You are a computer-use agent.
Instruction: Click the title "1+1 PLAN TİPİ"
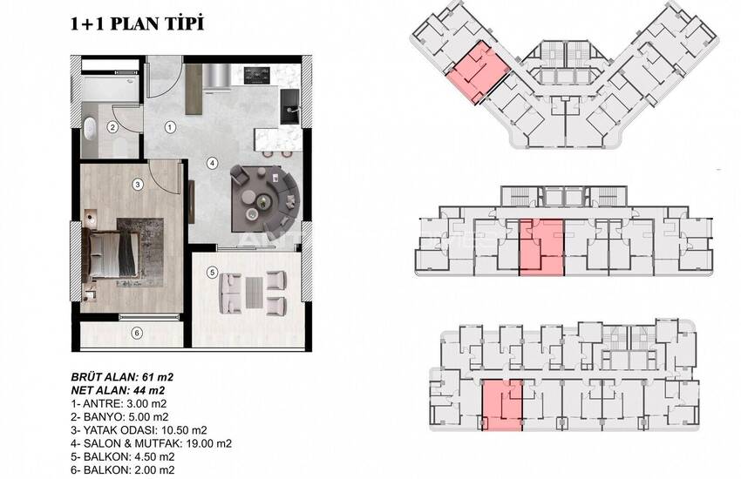pos(137,24)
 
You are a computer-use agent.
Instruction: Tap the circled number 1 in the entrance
pos(170,127)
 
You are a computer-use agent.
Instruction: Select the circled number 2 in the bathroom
pos(112,127)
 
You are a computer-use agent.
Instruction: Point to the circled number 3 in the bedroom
pos(138,185)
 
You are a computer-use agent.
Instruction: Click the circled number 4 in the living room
pos(213,163)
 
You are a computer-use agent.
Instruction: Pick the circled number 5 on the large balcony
pos(212,273)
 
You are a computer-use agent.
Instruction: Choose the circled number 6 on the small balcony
pos(137,334)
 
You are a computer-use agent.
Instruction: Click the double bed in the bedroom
pos(110,254)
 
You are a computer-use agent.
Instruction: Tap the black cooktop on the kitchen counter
pos(257,75)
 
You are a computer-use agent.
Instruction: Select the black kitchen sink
pos(289,107)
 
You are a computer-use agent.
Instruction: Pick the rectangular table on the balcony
pos(255,293)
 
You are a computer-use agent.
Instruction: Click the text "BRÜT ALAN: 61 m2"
pos(122,377)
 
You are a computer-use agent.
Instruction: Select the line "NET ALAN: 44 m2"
pos(119,390)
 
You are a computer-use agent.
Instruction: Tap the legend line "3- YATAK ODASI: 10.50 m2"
pos(139,430)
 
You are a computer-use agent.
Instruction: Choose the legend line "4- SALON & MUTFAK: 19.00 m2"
pos(151,443)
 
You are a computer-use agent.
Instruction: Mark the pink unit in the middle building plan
pos(541,246)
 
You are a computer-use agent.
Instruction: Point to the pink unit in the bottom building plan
pos(502,405)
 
